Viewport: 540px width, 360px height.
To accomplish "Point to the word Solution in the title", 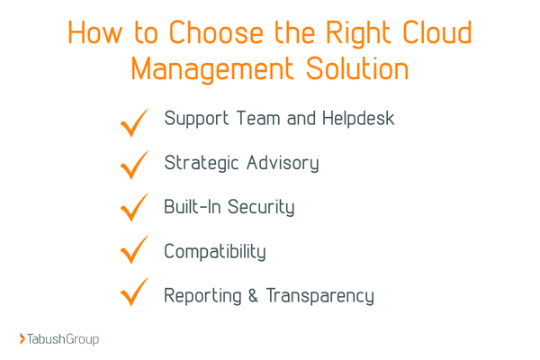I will [357, 69].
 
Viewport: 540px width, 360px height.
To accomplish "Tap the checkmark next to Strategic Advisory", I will [134, 166].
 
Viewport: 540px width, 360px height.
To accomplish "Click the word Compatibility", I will [215, 251].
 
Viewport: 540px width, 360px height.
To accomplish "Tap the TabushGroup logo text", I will [64, 339].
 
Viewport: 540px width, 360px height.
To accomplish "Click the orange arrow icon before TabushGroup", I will [22, 339].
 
